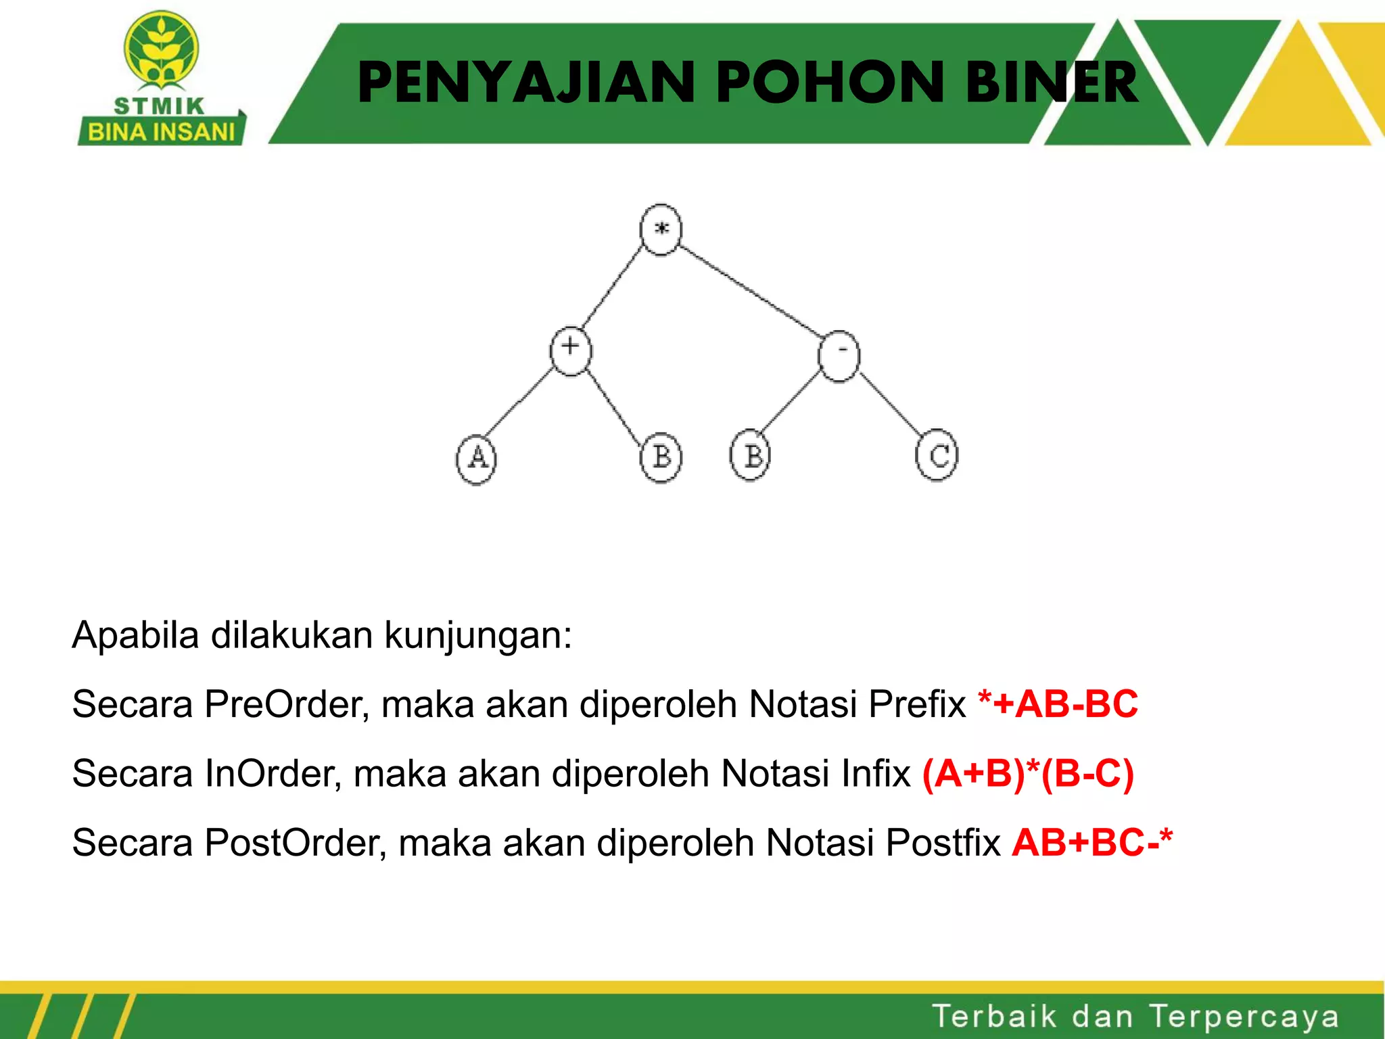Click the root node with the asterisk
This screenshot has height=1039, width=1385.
tap(661, 230)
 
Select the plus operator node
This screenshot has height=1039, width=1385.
tap(570, 350)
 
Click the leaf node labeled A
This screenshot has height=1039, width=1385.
tap(476, 459)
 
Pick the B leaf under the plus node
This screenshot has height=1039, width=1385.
tap(661, 457)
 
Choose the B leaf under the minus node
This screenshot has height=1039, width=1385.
tap(751, 455)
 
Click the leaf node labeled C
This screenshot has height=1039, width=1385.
tap(937, 455)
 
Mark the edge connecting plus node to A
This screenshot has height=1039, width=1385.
tap(519, 402)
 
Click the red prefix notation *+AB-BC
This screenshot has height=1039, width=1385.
tap(1058, 704)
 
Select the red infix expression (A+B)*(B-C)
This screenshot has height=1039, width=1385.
tap(1028, 773)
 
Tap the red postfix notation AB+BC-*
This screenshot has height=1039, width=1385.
tap(1092, 842)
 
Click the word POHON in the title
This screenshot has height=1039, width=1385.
tap(830, 83)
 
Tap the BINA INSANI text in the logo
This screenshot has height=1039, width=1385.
tap(161, 131)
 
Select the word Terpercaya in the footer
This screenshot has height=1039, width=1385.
tap(1244, 1017)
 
